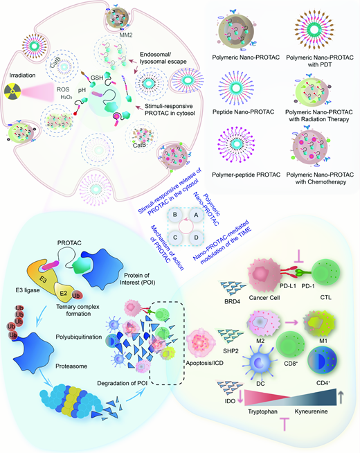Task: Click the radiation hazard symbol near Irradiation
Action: [x=12, y=91]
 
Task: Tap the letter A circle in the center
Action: [x=196, y=215]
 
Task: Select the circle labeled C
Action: [x=175, y=238]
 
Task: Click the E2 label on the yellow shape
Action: [x=63, y=293]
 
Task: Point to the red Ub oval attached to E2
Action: [x=76, y=295]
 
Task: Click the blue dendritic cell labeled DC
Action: [x=260, y=363]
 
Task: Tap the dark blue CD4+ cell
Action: [x=323, y=362]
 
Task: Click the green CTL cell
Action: [x=326, y=272]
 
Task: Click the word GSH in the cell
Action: [x=97, y=78]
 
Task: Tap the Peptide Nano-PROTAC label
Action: [x=243, y=112]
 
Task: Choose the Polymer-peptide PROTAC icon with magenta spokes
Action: [x=237, y=143]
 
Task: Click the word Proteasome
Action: [x=71, y=366]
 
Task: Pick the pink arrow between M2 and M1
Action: [x=291, y=322]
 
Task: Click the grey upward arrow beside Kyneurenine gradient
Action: [x=341, y=397]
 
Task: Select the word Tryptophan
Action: [x=262, y=411]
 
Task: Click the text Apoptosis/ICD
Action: [x=204, y=363]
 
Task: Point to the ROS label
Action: [x=63, y=89]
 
